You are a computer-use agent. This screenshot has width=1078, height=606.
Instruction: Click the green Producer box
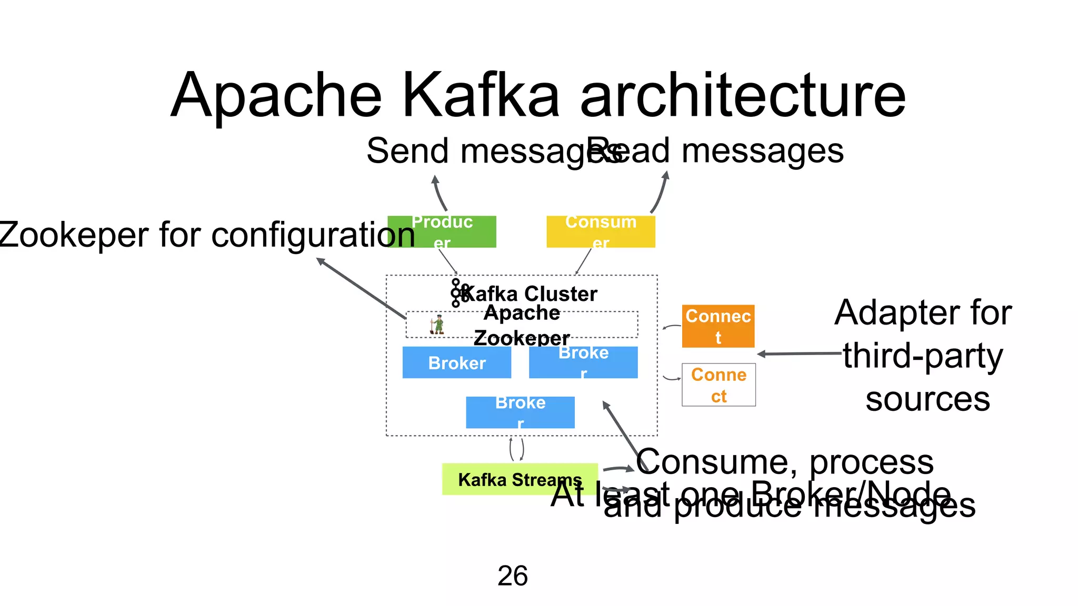click(x=442, y=231)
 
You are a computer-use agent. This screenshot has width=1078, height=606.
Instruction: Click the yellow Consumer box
click(x=601, y=231)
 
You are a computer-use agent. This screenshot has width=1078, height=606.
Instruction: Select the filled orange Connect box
click(x=718, y=326)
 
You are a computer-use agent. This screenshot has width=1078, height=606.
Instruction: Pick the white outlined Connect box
click(x=718, y=385)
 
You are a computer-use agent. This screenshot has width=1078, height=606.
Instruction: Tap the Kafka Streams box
click(x=520, y=479)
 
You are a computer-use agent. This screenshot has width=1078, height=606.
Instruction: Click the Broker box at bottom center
click(x=520, y=412)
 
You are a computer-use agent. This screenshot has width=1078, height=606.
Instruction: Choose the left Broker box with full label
click(x=456, y=362)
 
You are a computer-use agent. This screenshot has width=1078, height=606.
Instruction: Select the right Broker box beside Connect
click(x=583, y=362)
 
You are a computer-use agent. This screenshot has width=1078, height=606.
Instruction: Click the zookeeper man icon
click(x=437, y=325)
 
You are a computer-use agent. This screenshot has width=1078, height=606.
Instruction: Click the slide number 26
click(x=512, y=575)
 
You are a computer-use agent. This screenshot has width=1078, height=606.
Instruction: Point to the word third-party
click(x=923, y=356)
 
